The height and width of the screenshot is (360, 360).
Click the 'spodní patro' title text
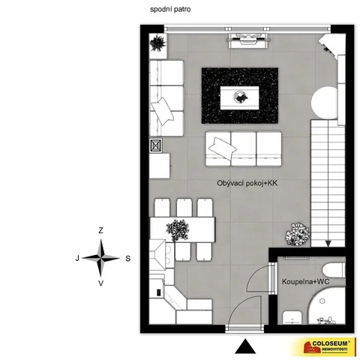(x=170, y=10)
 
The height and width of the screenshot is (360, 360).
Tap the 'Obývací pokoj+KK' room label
(x=247, y=183)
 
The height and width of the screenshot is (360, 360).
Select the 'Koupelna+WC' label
(x=305, y=282)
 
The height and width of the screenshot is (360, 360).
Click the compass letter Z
(x=100, y=230)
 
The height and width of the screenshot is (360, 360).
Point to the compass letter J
(x=77, y=258)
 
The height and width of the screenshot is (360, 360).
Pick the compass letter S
(x=128, y=258)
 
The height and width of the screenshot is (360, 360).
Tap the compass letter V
(x=100, y=283)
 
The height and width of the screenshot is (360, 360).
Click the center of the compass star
(x=101, y=258)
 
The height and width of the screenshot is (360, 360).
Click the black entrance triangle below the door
(x=245, y=346)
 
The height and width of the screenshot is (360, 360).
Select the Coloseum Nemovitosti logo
(x=325, y=346)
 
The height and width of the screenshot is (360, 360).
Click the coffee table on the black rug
(x=239, y=97)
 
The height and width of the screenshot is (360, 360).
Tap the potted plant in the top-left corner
(x=157, y=43)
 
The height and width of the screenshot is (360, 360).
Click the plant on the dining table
(x=178, y=230)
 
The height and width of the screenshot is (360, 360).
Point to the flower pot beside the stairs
(x=298, y=234)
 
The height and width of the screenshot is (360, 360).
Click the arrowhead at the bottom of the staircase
(x=328, y=244)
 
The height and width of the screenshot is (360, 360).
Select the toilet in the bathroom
(x=334, y=270)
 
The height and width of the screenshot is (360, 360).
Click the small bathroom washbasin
(x=292, y=317)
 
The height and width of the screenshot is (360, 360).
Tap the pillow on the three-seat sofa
(x=223, y=148)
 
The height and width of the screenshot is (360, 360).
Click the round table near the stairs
(x=325, y=103)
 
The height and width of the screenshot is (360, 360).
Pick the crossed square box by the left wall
(x=156, y=145)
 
